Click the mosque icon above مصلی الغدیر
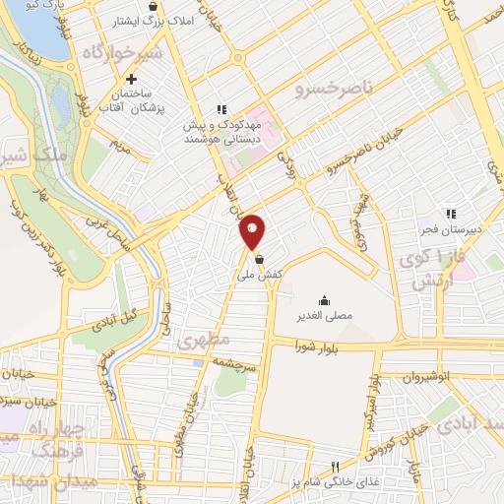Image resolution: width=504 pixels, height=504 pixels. tap(324, 300)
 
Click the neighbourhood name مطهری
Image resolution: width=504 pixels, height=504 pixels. tap(204, 342)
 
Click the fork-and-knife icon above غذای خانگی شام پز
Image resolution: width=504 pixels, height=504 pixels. tap(335, 467)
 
